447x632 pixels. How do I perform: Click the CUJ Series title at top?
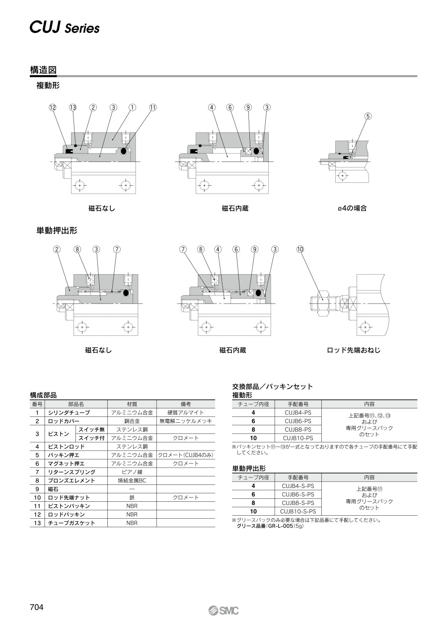[x=65, y=28]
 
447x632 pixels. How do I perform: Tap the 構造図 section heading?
[x=43, y=70]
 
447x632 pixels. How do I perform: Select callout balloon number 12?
[x=53, y=107]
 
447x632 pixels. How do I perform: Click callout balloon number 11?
[x=152, y=107]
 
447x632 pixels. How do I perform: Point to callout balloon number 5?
[x=368, y=116]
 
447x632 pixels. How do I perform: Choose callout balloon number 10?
[x=300, y=249]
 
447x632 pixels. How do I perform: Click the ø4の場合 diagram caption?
[x=352, y=208]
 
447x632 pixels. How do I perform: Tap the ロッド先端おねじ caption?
[x=354, y=350]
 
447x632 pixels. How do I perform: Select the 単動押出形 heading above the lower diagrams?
[x=57, y=231]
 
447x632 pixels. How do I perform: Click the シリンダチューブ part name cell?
[x=69, y=412]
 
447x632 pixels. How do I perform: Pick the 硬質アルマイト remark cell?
[x=186, y=412]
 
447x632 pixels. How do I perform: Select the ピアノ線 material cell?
[x=132, y=472]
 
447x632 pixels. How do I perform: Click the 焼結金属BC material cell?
[x=132, y=480]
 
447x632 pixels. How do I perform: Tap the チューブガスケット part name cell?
[x=72, y=523]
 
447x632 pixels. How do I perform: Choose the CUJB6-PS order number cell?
[x=298, y=421]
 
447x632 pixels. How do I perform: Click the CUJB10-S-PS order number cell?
[x=298, y=511]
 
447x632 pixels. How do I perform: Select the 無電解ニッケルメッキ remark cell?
[x=186, y=421]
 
